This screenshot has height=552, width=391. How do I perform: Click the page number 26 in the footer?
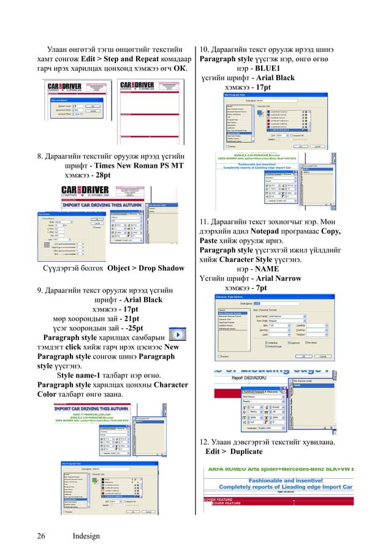[x=41, y=536]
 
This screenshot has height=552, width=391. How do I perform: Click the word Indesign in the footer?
[x=86, y=536]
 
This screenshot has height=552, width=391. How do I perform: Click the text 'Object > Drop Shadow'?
[x=146, y=268]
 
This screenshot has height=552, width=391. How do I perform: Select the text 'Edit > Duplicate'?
[x=233, y=452]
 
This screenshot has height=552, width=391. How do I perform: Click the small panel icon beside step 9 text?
[x=178, y=337]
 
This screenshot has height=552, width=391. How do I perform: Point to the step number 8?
[x=40, y=155]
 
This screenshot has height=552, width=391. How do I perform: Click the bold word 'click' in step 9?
[x=74, y=347]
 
